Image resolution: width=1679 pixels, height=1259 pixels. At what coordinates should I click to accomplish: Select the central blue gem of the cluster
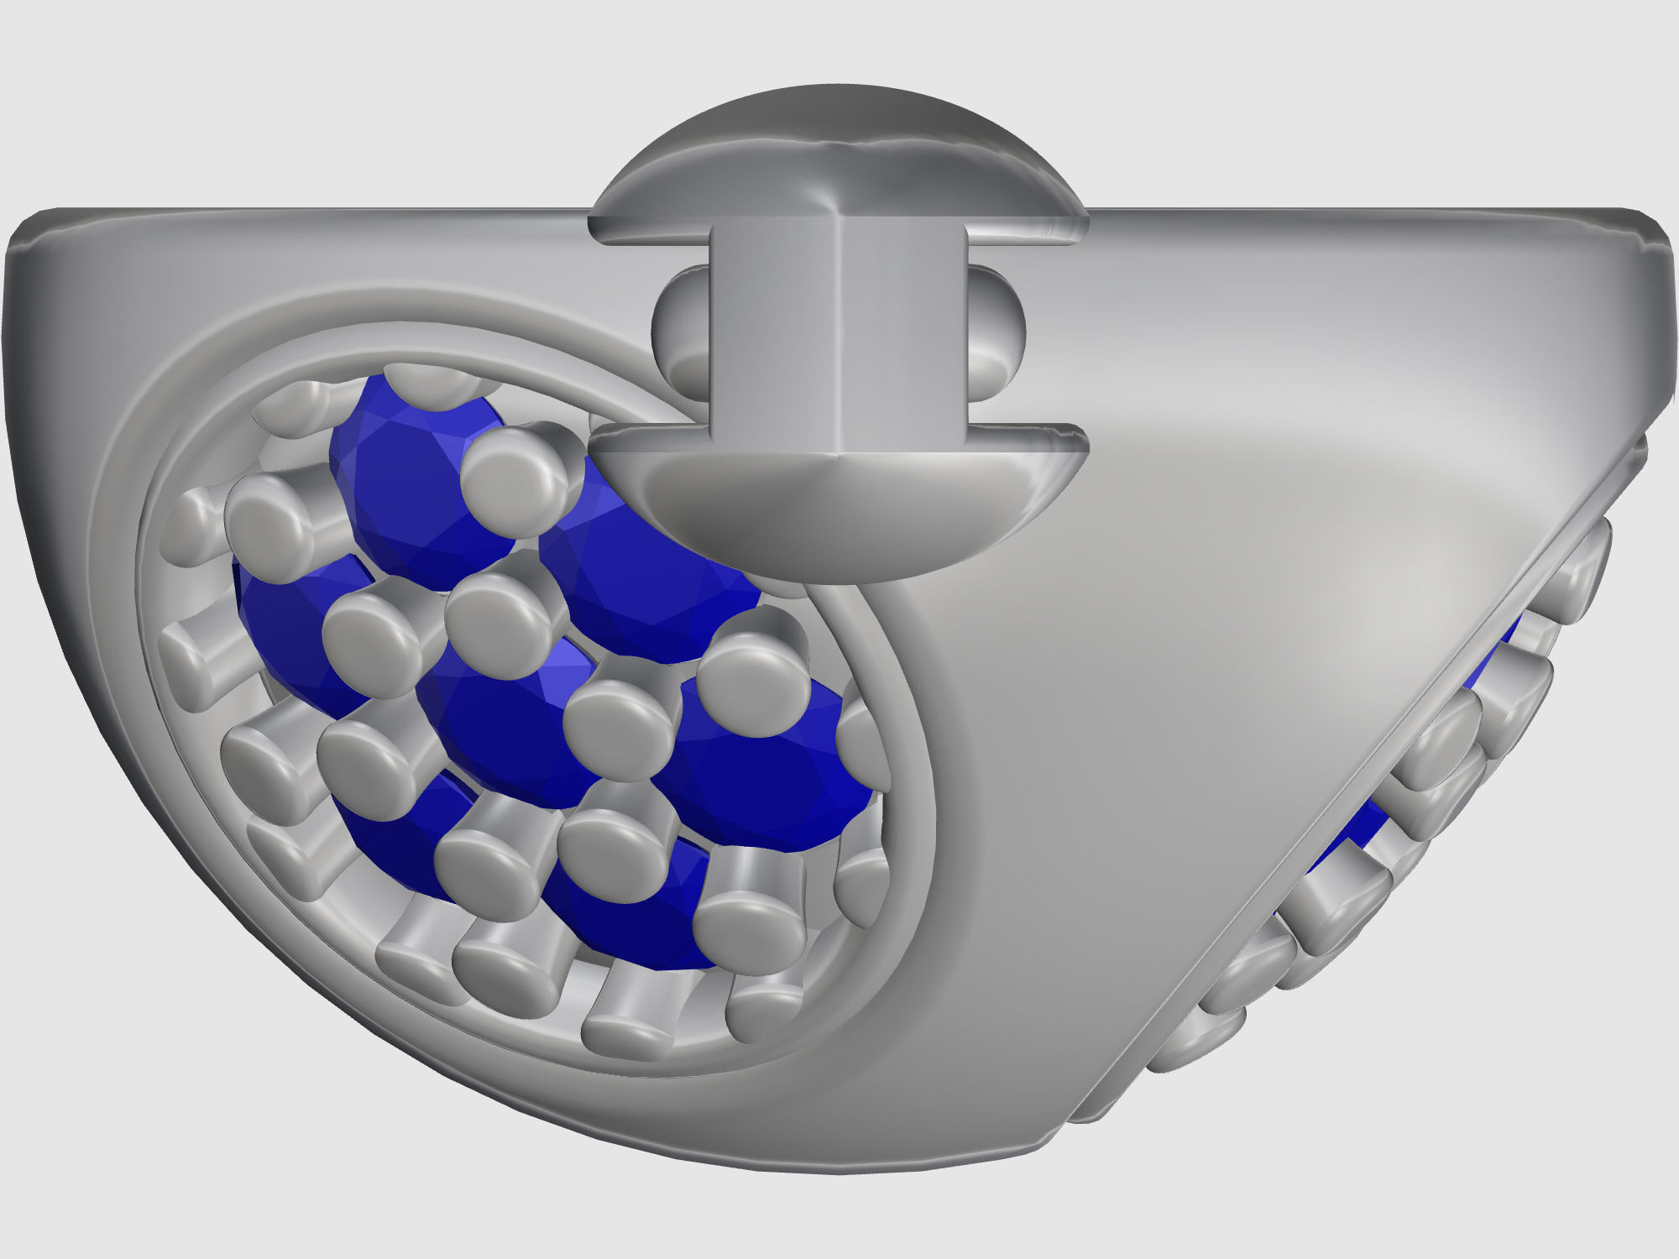[504, 722]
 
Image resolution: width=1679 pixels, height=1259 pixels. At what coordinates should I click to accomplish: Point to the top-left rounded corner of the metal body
[34, 235]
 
